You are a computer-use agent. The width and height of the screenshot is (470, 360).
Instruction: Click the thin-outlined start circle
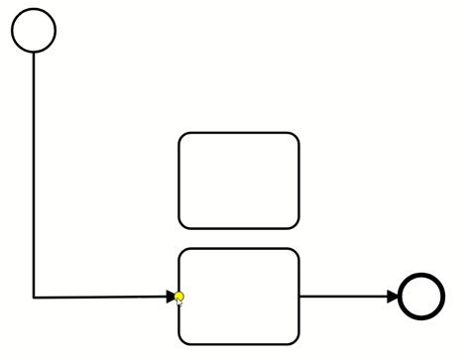click(x=34, y=30)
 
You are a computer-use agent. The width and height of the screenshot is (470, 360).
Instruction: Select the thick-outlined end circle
click(x=421, y=296)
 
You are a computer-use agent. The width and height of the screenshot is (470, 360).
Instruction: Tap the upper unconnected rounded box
click(x=238, y=180)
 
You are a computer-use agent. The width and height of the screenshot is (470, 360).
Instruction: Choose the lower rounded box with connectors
click(x=238, y=297)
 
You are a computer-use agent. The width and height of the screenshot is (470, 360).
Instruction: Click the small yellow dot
click(x=178, y=297)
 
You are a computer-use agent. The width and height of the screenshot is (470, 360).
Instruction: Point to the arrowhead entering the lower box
click(x=172, y=296)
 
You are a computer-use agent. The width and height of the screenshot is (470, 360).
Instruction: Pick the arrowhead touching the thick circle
click(x=393, y=296)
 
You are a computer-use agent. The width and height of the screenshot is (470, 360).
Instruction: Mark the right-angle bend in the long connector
click(x=34, y=297)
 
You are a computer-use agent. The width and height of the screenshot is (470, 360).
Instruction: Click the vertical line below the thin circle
click(x=34, y=169)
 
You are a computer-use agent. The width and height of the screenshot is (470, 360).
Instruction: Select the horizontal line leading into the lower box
click(x=99, y=297)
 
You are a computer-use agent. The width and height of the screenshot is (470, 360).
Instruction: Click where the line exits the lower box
click(x=299, y=296)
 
